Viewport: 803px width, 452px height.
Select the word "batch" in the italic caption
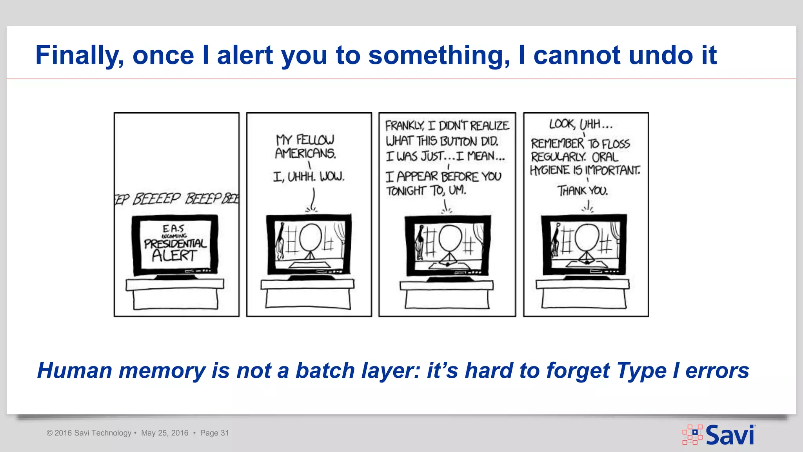coord(325,370)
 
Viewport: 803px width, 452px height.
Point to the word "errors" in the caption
coord(717,370)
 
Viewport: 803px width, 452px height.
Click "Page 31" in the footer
coord(214,433)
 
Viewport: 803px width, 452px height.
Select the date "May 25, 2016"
coord(165,433)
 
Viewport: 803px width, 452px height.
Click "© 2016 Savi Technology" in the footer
coord(89,433)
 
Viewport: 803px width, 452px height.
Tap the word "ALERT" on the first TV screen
coord(174,255)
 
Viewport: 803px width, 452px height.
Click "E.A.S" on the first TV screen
coord(173,228)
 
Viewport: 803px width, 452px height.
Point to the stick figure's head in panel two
coord(311,237)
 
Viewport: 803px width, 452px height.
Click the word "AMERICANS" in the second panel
coord(305,153)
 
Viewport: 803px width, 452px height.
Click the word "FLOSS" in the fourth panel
coord(616,144)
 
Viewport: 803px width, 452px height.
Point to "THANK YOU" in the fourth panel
coord(583,191)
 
